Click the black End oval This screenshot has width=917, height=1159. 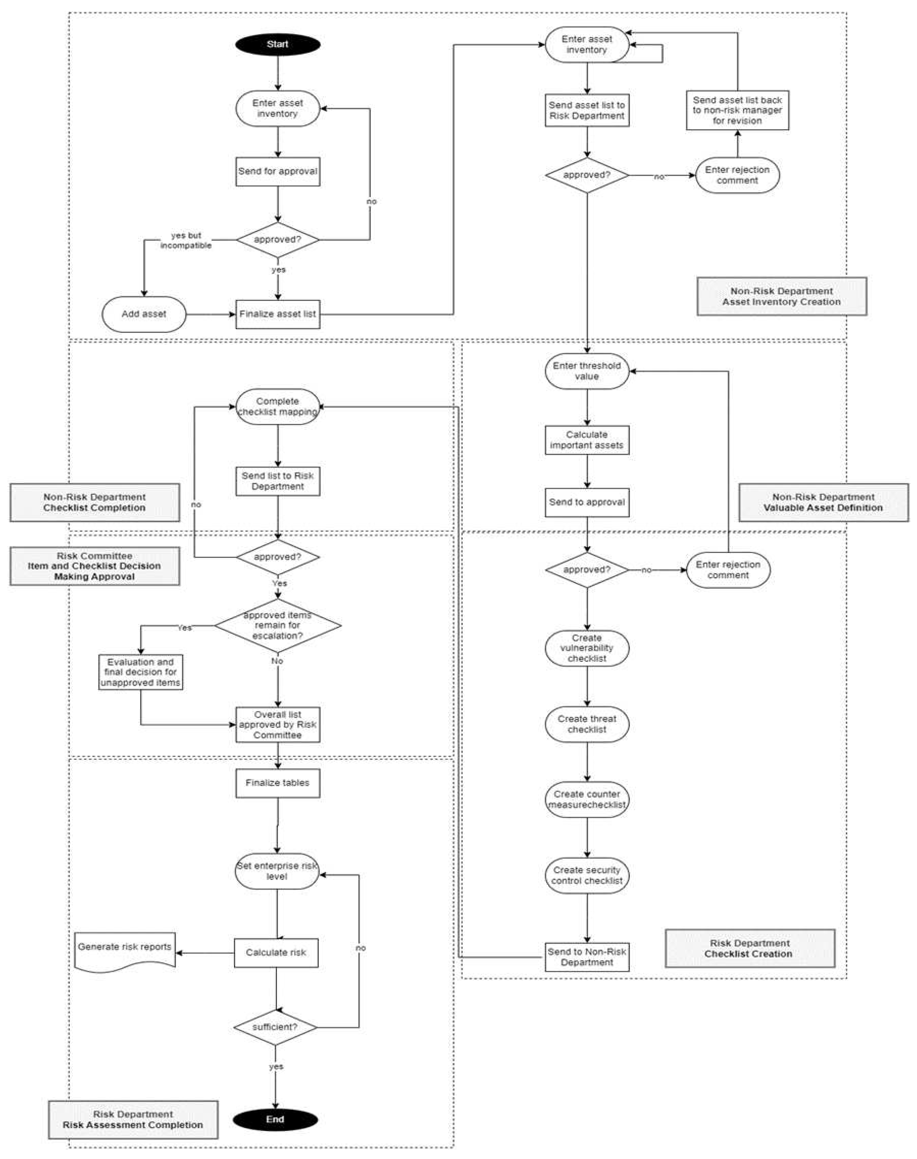point(275,1119)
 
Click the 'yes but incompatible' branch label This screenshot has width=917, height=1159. point(186,240)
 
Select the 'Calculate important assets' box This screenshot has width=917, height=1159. point(587,440)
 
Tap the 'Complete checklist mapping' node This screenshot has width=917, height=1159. point(277,407)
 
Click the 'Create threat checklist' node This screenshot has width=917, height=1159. point(587,724)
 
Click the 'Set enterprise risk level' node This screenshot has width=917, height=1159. point(277,871)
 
